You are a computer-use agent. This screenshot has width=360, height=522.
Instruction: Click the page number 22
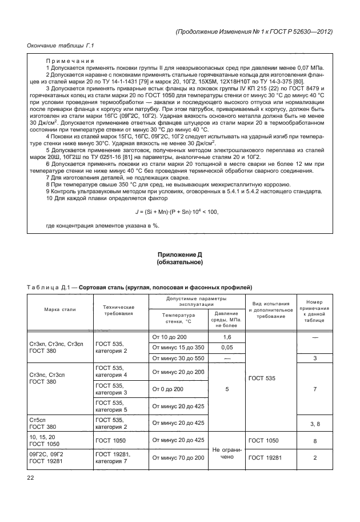tap(31, 479)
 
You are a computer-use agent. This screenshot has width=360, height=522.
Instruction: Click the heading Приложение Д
tap(180, 253)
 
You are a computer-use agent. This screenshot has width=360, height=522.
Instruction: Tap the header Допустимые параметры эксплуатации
tap(196, 301)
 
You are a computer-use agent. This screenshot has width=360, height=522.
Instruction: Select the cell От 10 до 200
tap(170, 337)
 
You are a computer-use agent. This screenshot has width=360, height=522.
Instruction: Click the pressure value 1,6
tap(227, 337)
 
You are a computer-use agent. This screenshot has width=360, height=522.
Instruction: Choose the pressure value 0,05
tap(227, 348)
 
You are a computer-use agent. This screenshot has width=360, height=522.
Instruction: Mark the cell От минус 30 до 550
tap(177, 358)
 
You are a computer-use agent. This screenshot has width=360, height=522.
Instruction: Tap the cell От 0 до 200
tap(167, 389)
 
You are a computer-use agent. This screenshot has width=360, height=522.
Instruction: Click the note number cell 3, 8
tap(315, 423)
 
